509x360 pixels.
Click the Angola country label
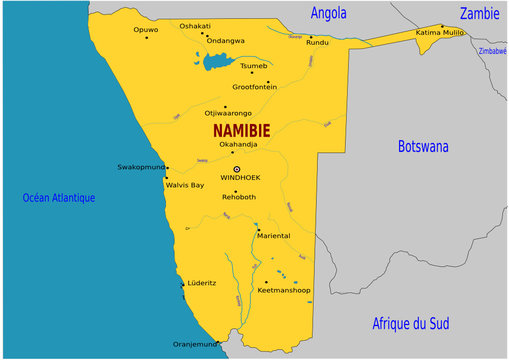329,13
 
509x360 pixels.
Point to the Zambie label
479,13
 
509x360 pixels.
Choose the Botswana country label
423,146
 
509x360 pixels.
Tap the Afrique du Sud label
411,323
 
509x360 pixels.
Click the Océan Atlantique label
59,198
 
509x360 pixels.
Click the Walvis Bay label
184,185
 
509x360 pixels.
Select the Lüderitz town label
201,283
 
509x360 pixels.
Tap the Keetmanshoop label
284,291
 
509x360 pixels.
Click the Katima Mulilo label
439,33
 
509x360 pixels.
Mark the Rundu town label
317,43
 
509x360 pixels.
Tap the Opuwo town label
146,30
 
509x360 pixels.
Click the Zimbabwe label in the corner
493,49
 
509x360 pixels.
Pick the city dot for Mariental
257,229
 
